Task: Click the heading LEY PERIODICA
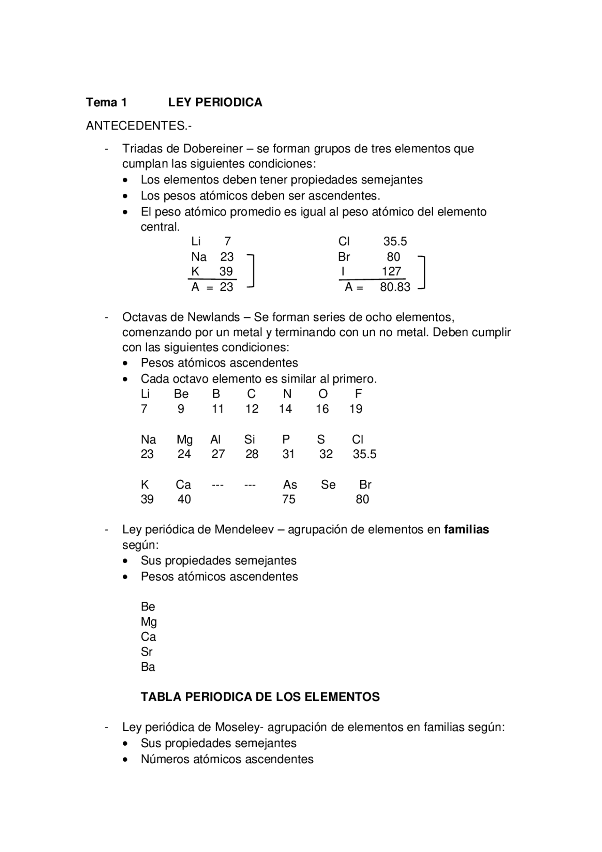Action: tap(215, 103)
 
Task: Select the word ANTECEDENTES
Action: tap(136, 126)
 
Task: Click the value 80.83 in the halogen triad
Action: tap(395, 287)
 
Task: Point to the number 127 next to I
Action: tap(391, 271)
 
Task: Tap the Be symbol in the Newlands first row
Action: tap(181, 394)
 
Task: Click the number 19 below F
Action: tap(356, 409)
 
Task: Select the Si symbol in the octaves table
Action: tap(249, 439)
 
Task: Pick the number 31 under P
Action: tap(288, 454)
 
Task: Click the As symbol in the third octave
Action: tap(290, 485)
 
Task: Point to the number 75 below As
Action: tap(288, 500)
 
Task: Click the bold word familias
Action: tap(466, 530)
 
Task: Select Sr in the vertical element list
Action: tap(146, 652)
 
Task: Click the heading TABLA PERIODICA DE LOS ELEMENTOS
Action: tap(260, 697)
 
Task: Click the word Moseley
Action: tap(237, 727)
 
